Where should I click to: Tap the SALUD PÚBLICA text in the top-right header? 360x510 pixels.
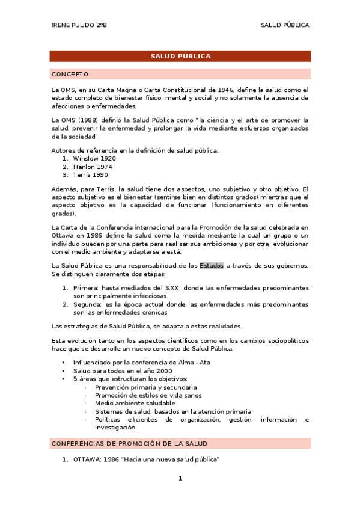coord(285,25)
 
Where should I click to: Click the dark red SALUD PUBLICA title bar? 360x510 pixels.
coord(180,56)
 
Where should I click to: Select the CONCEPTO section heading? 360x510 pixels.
coord(70,74)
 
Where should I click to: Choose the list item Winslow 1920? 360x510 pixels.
coord(94,158)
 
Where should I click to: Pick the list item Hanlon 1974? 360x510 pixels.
coord(93,167)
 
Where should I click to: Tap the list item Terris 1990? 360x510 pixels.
coord(90,175)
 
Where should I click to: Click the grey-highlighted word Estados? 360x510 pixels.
coord(212,265)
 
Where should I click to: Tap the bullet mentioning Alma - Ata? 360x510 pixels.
coord(141,363)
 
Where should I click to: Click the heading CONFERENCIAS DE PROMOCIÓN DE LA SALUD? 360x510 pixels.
coord(129,443)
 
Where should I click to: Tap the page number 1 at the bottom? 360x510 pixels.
coord(180,478)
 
